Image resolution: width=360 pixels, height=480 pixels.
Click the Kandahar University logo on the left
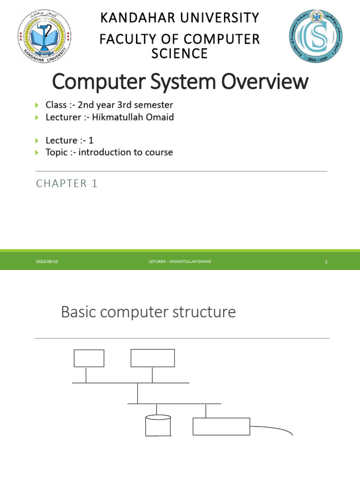(x=45, y=37)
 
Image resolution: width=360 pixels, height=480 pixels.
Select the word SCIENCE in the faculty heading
(x=180, y=53)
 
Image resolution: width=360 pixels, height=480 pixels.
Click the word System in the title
(x=190, y=82)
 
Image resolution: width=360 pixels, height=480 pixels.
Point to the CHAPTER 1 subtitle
(x=67, y=184)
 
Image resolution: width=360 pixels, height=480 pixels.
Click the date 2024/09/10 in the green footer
(x=47, y=262)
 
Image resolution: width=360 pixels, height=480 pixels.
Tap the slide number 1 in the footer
(x=326, y=262)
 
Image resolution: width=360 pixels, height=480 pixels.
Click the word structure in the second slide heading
(x=206, y=312)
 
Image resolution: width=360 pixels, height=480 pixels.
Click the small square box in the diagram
(x=89, y=358)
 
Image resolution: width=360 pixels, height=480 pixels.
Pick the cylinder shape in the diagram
(x=158, y=425)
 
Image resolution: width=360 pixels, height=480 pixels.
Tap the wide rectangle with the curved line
(x=221, y=427)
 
